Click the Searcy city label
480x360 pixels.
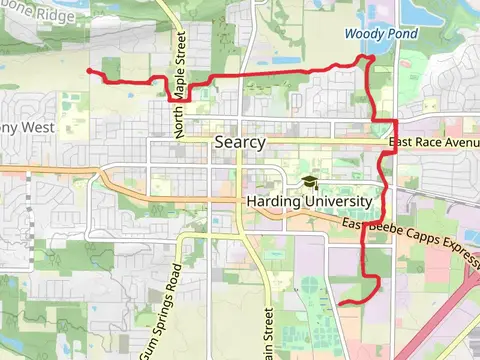tap(240, 142)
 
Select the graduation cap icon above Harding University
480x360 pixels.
tap(309, 182)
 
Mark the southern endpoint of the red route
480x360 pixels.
tap(341, 302)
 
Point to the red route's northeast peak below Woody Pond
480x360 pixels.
tap(370, 58)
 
